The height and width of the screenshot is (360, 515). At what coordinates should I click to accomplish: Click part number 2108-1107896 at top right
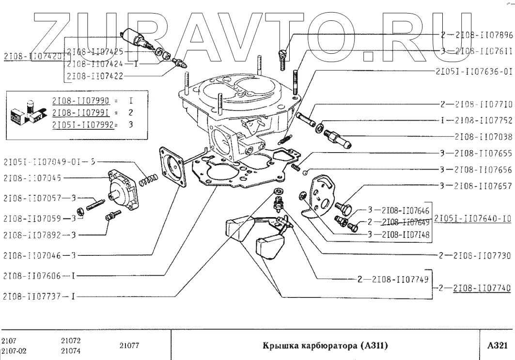479,35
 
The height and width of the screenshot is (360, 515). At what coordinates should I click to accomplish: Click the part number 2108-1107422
94,76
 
